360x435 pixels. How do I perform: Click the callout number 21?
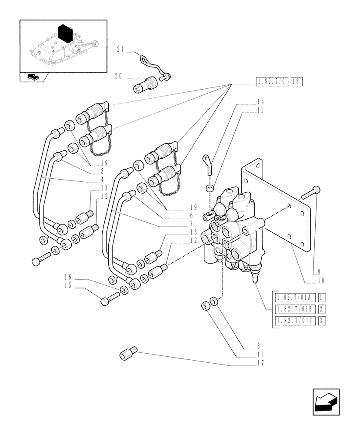coord(120,50)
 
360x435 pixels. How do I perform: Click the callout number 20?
coord(118,76)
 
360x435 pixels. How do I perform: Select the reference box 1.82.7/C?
coord(272,81)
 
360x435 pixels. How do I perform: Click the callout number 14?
coord(260,102)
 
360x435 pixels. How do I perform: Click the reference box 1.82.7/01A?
coord(294,298)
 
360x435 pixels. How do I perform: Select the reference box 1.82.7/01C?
coord(294,321)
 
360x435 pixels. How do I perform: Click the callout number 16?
coord(67,277)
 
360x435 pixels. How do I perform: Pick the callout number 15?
coord(67,286)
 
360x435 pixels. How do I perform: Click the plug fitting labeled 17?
coord(128,354)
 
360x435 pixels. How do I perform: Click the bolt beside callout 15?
coord(110,300)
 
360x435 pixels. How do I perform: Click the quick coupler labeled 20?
coord(145,84)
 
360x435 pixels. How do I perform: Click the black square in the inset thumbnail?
coord(65,34)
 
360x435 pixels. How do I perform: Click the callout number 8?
coord(260,347)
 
